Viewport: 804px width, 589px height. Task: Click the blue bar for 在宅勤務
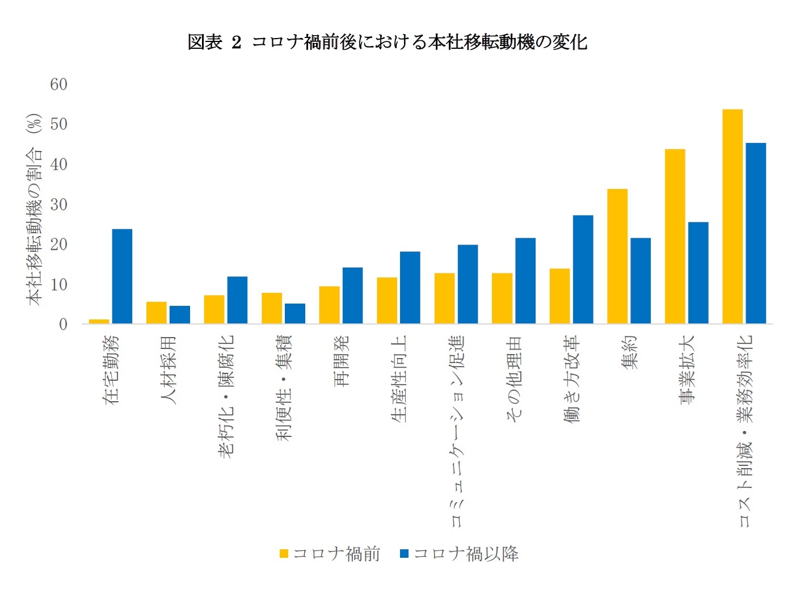tap(122, 276)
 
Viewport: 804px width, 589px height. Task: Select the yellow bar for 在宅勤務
tap(99, 321)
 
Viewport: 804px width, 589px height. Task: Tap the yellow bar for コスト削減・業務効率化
tap(732, 216)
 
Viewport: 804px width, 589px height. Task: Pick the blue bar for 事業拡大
tap(698, 273)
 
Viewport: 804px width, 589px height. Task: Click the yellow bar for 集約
tap(617, 256)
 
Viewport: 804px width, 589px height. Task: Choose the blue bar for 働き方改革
tap(583, 270)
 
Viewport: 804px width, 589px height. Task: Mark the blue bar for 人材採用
tap(180, 315)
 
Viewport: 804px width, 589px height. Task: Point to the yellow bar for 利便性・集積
tap(272, 308)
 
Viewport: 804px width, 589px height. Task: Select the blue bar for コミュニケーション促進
tap(468, 284)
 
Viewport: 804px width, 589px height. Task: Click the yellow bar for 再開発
tap(329, 305)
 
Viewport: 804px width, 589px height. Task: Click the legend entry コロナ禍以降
tap(460, 554)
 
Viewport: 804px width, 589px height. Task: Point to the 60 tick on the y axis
tap(58, 85)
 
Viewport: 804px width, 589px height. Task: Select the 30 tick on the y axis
tap(58, 204)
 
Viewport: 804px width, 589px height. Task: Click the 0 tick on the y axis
tap(63, 325)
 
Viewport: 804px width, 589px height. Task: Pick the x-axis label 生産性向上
tap(399, 378)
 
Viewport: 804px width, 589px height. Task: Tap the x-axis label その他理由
tap(513, 378)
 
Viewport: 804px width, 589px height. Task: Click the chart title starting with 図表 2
tap(387, 42)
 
